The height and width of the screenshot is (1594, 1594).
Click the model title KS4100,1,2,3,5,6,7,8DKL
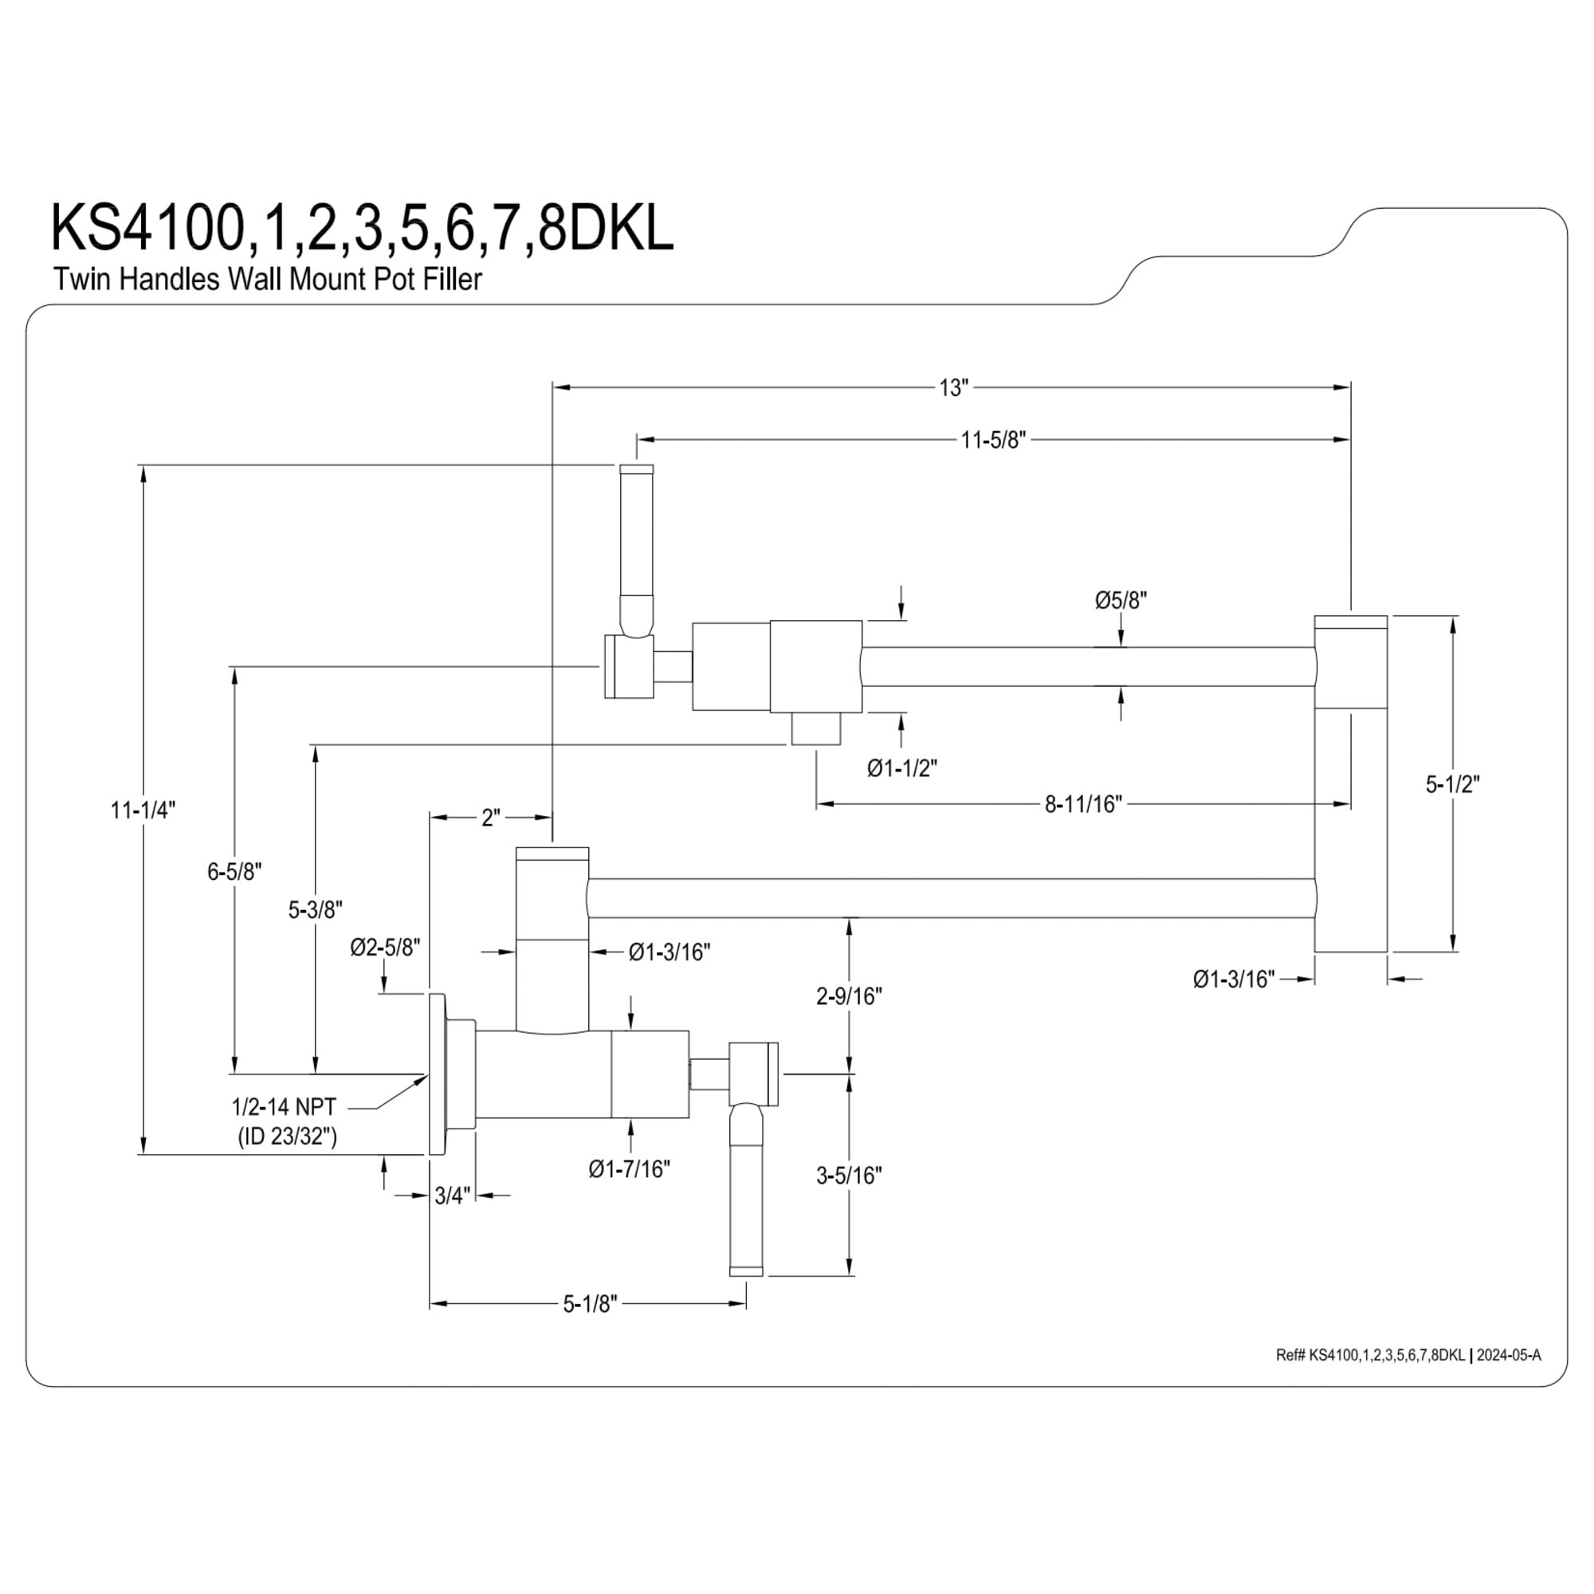click(362, 229)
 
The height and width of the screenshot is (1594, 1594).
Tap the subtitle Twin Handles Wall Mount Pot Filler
click(267, 280)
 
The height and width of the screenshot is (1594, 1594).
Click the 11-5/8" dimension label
click(992, 441)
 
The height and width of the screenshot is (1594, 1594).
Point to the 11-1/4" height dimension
click(143, 811)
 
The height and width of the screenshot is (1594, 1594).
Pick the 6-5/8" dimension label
click(234, 871)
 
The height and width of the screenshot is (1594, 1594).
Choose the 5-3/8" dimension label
click(315, 910)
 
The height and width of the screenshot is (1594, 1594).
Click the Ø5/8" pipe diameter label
click(1121, 601)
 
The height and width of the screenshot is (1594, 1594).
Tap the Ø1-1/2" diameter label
click(901, 768)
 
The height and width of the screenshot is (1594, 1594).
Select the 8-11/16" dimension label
click(1083, 803)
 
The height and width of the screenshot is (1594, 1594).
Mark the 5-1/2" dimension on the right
click(1453, 783)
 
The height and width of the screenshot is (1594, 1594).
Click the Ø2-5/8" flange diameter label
click(385, 948)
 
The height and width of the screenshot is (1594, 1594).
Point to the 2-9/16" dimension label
click(849, 997)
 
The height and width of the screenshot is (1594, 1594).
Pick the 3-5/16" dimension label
click(849, 1176)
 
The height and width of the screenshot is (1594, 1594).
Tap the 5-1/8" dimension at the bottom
click(590, 1305)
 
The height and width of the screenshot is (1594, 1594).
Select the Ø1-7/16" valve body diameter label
click(630, 1169)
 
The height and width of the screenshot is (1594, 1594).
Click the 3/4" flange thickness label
click(452, 1195)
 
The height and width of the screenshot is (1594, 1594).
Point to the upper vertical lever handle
click(636, 552)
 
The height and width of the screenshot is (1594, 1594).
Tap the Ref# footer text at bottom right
click(1408, 1356)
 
